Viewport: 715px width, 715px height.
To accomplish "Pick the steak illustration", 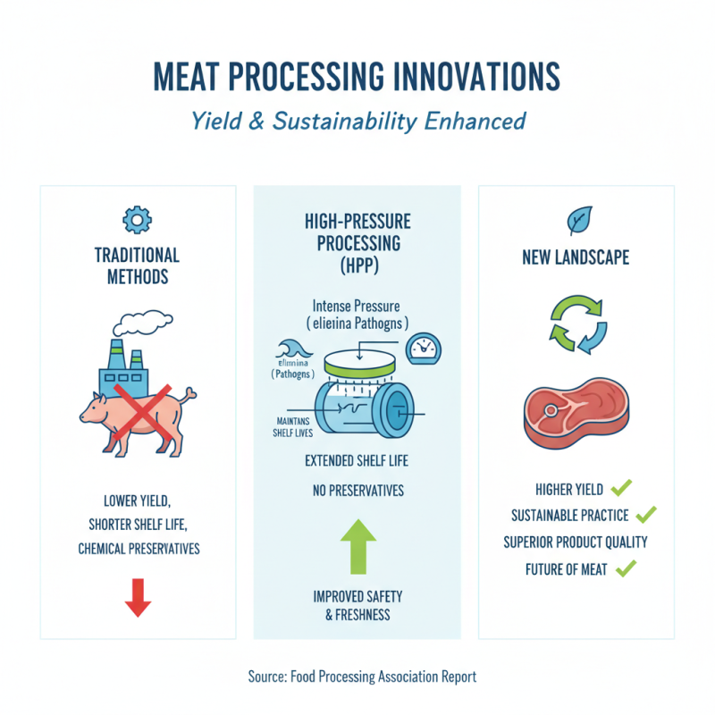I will (576, 418).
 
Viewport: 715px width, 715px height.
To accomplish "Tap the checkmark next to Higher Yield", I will (621, 488).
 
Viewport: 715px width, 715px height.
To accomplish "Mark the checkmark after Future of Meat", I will (626, 567).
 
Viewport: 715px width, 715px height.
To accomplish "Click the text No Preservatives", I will (357, 491).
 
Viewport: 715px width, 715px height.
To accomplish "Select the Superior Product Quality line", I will (576, 542).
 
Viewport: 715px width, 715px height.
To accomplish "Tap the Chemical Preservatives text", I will (139, 549).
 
